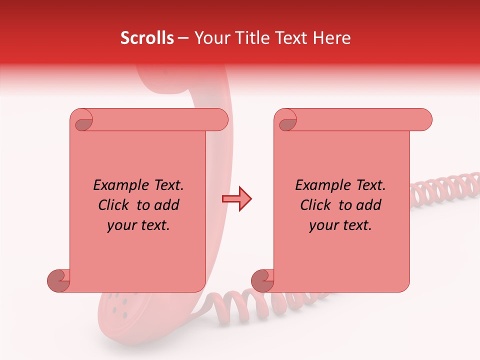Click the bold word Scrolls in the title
(147, 38)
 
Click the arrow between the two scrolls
(236, 199)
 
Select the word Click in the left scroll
(114, 205)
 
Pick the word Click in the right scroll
(316, 205)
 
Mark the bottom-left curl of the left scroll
(58, 280)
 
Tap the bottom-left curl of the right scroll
(262, 280)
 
